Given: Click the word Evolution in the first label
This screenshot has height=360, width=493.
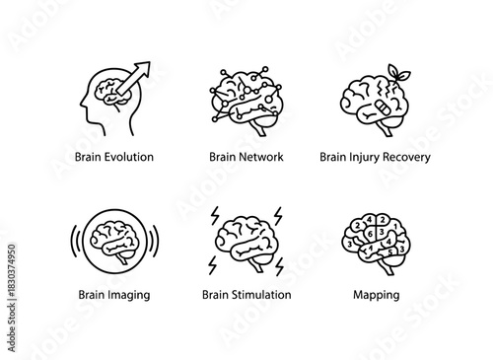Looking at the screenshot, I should tap(127, 157).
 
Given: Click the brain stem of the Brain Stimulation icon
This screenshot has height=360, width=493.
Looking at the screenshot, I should tap(258, 262).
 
